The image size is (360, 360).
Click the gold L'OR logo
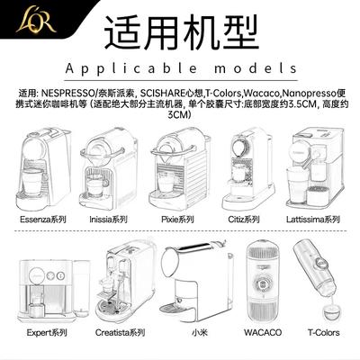pyautogui.click(x=36, y=21)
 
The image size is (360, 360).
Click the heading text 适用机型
pyautogui.click(x=181, y=33)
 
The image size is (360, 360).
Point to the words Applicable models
pyautogui.click(x=181, y=68)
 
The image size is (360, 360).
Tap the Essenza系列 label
pyautogui.click(x=43, y=220)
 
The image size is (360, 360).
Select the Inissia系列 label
pyautogui.click(x=108, y=220)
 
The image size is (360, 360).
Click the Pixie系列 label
pyautogui.click(x=177, y=220)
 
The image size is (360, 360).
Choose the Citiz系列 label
pyautogui.click(x=244, y=220)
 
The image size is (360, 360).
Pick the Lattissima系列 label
pyautogui.click(x=313, y=220)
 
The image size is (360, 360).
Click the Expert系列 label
pyautogui.click(x=47, y=333)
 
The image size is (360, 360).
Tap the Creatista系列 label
pyautogui.click(x=120, y=333)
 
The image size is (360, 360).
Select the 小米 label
pyautogui.click(x=200, y=333)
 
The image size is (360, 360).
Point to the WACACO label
pyautogui.click(x=263, y=333)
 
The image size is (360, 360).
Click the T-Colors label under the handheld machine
pyautogui.click(x=324, y=333)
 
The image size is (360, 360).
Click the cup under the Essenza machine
pyautogui.click(x=32, y=182)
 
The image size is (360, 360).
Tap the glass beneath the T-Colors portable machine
pyautogui.click(x=332, y=311)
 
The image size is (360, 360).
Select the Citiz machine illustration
pyautogui.click(x=248, y=169)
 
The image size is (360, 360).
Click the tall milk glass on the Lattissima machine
pyautogui.click(x=296, y=185)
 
